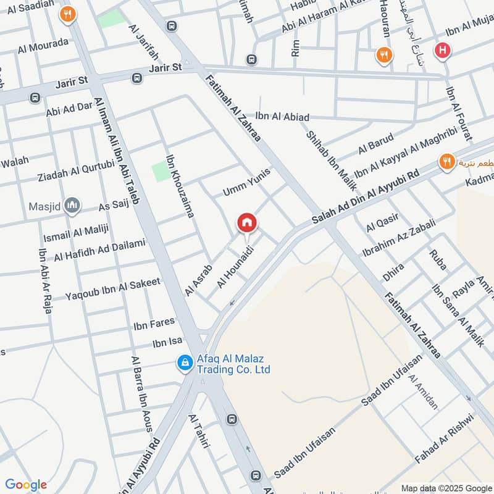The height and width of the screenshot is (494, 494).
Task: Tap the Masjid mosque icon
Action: [73, 205]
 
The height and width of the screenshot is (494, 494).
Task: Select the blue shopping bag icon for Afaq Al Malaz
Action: [184, 364]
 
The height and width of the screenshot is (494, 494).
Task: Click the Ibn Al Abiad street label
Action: [282, 117]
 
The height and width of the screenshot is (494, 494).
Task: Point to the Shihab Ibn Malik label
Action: [326, 156]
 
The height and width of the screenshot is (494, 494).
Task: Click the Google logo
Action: [26, 485]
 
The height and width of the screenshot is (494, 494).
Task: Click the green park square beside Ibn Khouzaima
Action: [160, 170]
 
